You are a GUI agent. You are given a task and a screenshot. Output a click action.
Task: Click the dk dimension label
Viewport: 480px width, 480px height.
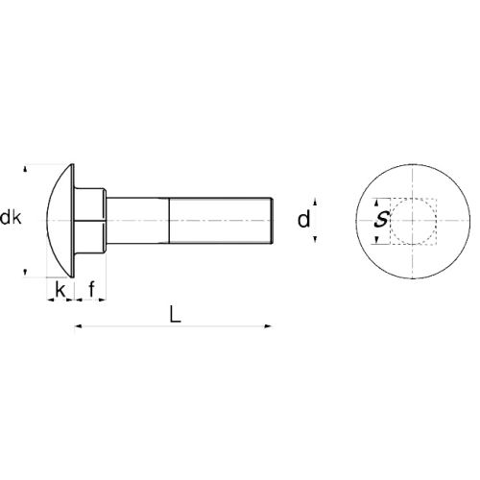click(12, 219)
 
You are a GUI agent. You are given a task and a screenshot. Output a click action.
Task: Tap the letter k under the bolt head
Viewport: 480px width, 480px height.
click(60, 288)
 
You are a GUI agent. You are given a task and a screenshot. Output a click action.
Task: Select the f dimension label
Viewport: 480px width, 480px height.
click(91, 288)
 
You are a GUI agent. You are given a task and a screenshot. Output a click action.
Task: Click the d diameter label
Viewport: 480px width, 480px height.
click(303, 220)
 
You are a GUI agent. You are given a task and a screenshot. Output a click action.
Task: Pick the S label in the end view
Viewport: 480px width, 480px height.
click(381, 220)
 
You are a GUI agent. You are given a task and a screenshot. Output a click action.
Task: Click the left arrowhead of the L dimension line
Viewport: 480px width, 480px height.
click(78, 328)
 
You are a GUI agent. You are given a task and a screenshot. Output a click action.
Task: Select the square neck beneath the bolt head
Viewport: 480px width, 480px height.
click(90, 220)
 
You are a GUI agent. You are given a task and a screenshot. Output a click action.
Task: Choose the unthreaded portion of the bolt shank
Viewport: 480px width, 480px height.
click(139, 220)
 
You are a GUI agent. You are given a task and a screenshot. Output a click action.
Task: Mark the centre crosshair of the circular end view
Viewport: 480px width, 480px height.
click(414, 221)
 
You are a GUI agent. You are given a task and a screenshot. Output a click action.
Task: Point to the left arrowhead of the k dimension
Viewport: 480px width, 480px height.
click(49, 300)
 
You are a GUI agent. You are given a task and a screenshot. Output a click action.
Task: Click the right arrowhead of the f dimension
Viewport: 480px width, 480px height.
click(105, 300)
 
